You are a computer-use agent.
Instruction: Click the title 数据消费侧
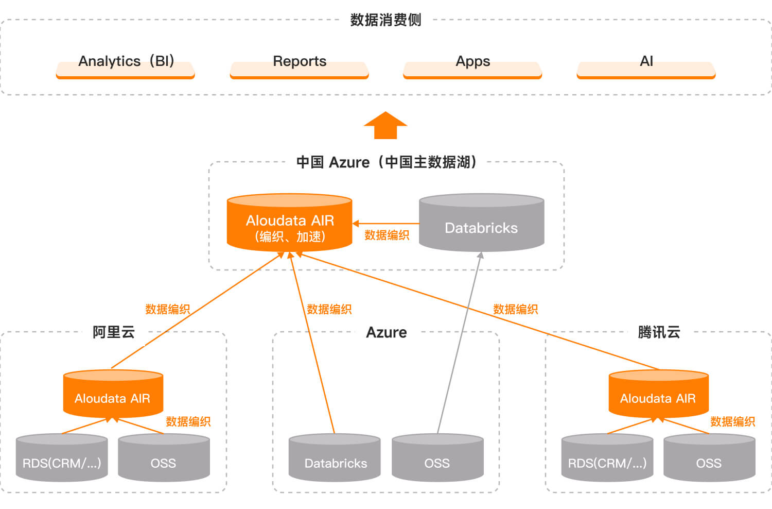tap(385, 20)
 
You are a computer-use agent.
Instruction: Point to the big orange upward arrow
tap(385, 126)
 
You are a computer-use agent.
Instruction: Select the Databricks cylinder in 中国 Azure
tap(481, 224)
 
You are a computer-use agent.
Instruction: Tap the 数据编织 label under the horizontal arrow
tap(387, 235)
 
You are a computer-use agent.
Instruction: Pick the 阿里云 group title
tap(114, 332)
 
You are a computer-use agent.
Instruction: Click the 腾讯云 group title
tap(659, 332)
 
